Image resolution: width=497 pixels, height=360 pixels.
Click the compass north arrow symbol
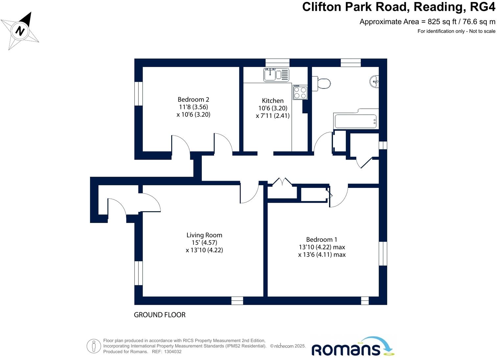pos(20,31)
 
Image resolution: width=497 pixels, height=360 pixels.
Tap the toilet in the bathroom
pos(322,83)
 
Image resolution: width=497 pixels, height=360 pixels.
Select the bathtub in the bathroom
pos(355,121)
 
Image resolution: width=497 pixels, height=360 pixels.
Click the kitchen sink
pos(276,75)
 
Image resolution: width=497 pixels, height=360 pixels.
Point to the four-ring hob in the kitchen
pos(300,92)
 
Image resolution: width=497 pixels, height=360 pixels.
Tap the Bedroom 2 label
pos(193,100)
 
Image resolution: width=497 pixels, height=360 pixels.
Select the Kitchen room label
pos(272,101)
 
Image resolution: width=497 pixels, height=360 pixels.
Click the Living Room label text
pos(204,235)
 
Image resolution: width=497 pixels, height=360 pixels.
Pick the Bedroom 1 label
pos(321,240)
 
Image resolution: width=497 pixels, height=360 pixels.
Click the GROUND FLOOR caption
pos(159,315)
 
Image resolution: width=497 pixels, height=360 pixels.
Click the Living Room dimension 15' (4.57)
pos(204,243)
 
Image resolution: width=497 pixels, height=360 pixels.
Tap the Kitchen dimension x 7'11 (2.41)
pos(272,116)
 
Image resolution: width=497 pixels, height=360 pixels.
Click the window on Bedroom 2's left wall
pos(139,94)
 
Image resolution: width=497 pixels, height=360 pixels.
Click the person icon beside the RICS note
pos(94,346)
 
